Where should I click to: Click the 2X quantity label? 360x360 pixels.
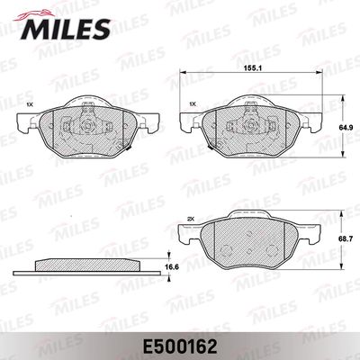[190, 219]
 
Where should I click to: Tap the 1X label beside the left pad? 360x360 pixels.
[29, 105]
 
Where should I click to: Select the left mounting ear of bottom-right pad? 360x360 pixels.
[190, 237]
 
